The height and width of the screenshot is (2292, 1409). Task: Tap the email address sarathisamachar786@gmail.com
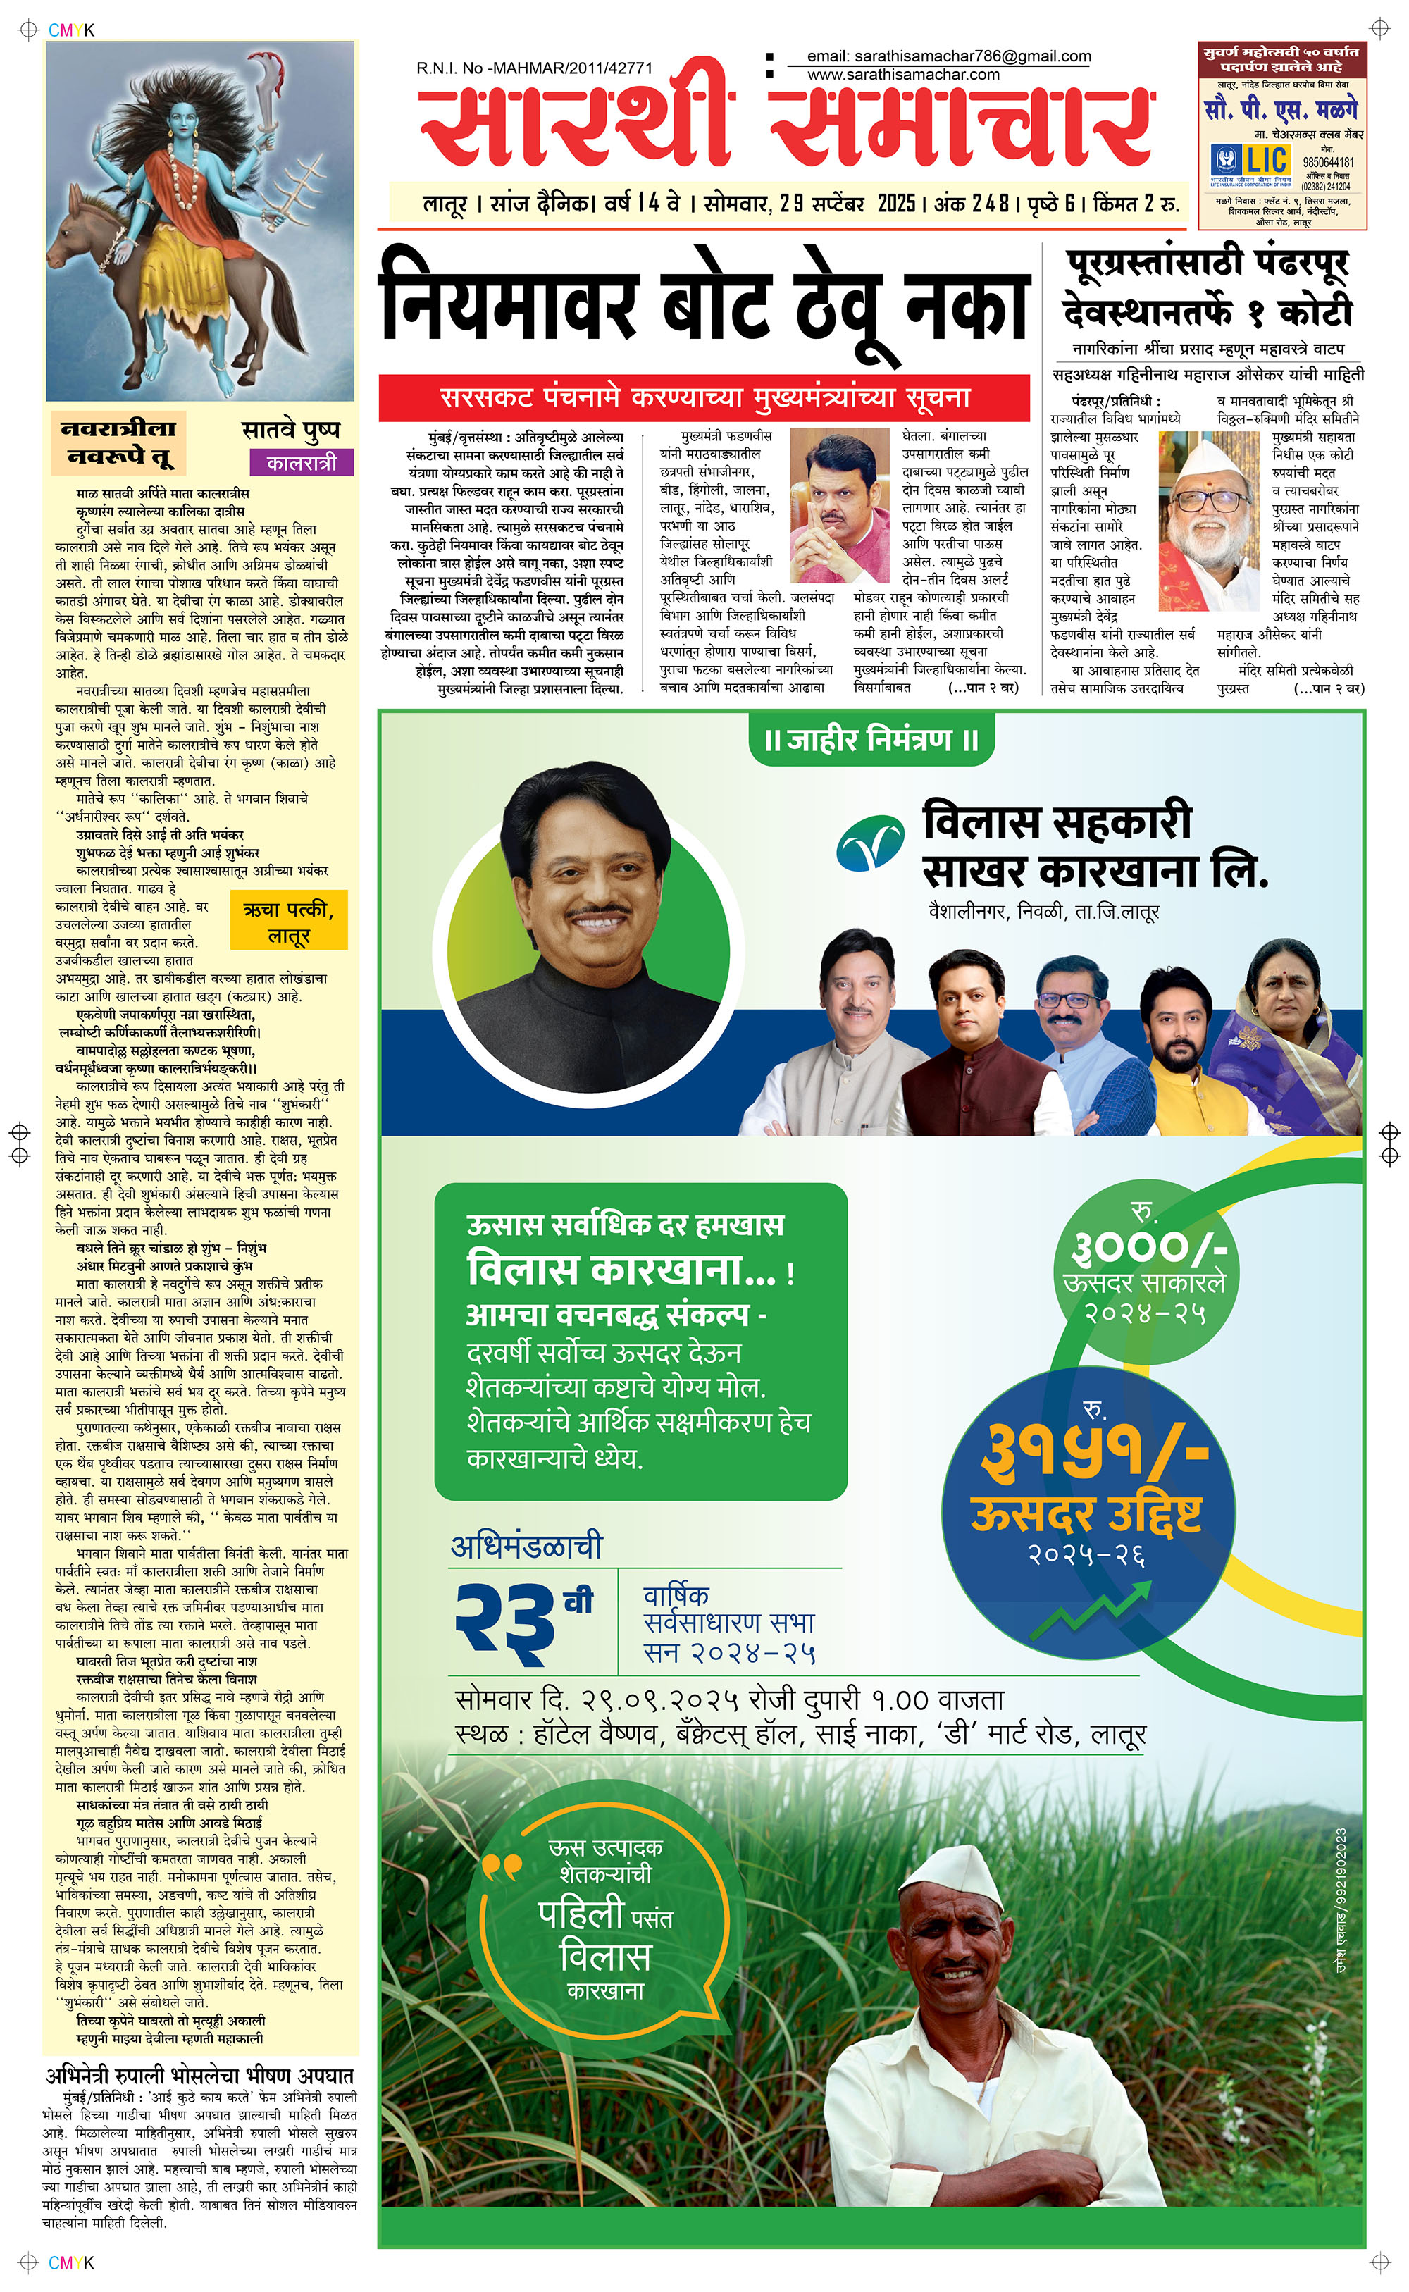pyautogui.click(x=949, y=56)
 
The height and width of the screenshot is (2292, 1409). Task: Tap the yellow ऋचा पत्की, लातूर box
pyautogui.click(x=288, y=922)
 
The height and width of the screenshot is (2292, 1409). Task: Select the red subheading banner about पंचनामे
pyautogui.click(x=704, y=399)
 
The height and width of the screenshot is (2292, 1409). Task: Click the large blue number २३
pyautogui.click(x=503, y=1622)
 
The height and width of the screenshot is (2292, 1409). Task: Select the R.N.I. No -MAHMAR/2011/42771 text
pyautogui.click(x=534, y=68)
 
